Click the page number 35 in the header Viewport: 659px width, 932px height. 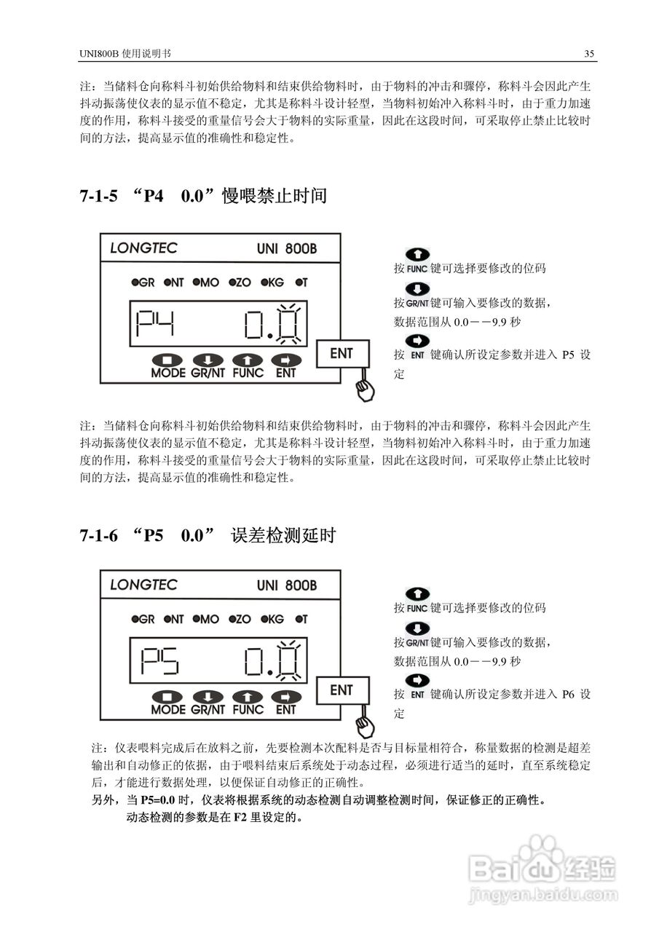589,54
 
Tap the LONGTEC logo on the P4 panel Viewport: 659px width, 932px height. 143,248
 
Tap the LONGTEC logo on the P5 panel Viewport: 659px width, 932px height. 143,585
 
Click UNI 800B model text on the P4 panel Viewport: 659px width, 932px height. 287,248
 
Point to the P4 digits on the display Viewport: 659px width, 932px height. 157,323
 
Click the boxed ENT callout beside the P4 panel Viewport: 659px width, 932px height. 342,353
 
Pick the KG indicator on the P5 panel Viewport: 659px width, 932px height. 272,620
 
